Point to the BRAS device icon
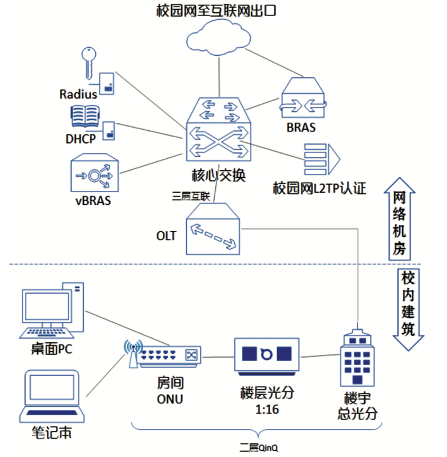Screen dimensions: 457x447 point(303,99)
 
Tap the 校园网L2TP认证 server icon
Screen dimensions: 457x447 point(321,159)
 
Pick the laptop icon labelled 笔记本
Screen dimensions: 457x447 point(52,396)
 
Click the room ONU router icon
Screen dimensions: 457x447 point(168,356)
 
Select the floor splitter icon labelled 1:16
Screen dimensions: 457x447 point(266,356)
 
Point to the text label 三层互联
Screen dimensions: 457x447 point(191,196)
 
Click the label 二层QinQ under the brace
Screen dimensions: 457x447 point(258,448)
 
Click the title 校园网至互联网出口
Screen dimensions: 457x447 point(216,11)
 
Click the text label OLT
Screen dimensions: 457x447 point(166,236)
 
